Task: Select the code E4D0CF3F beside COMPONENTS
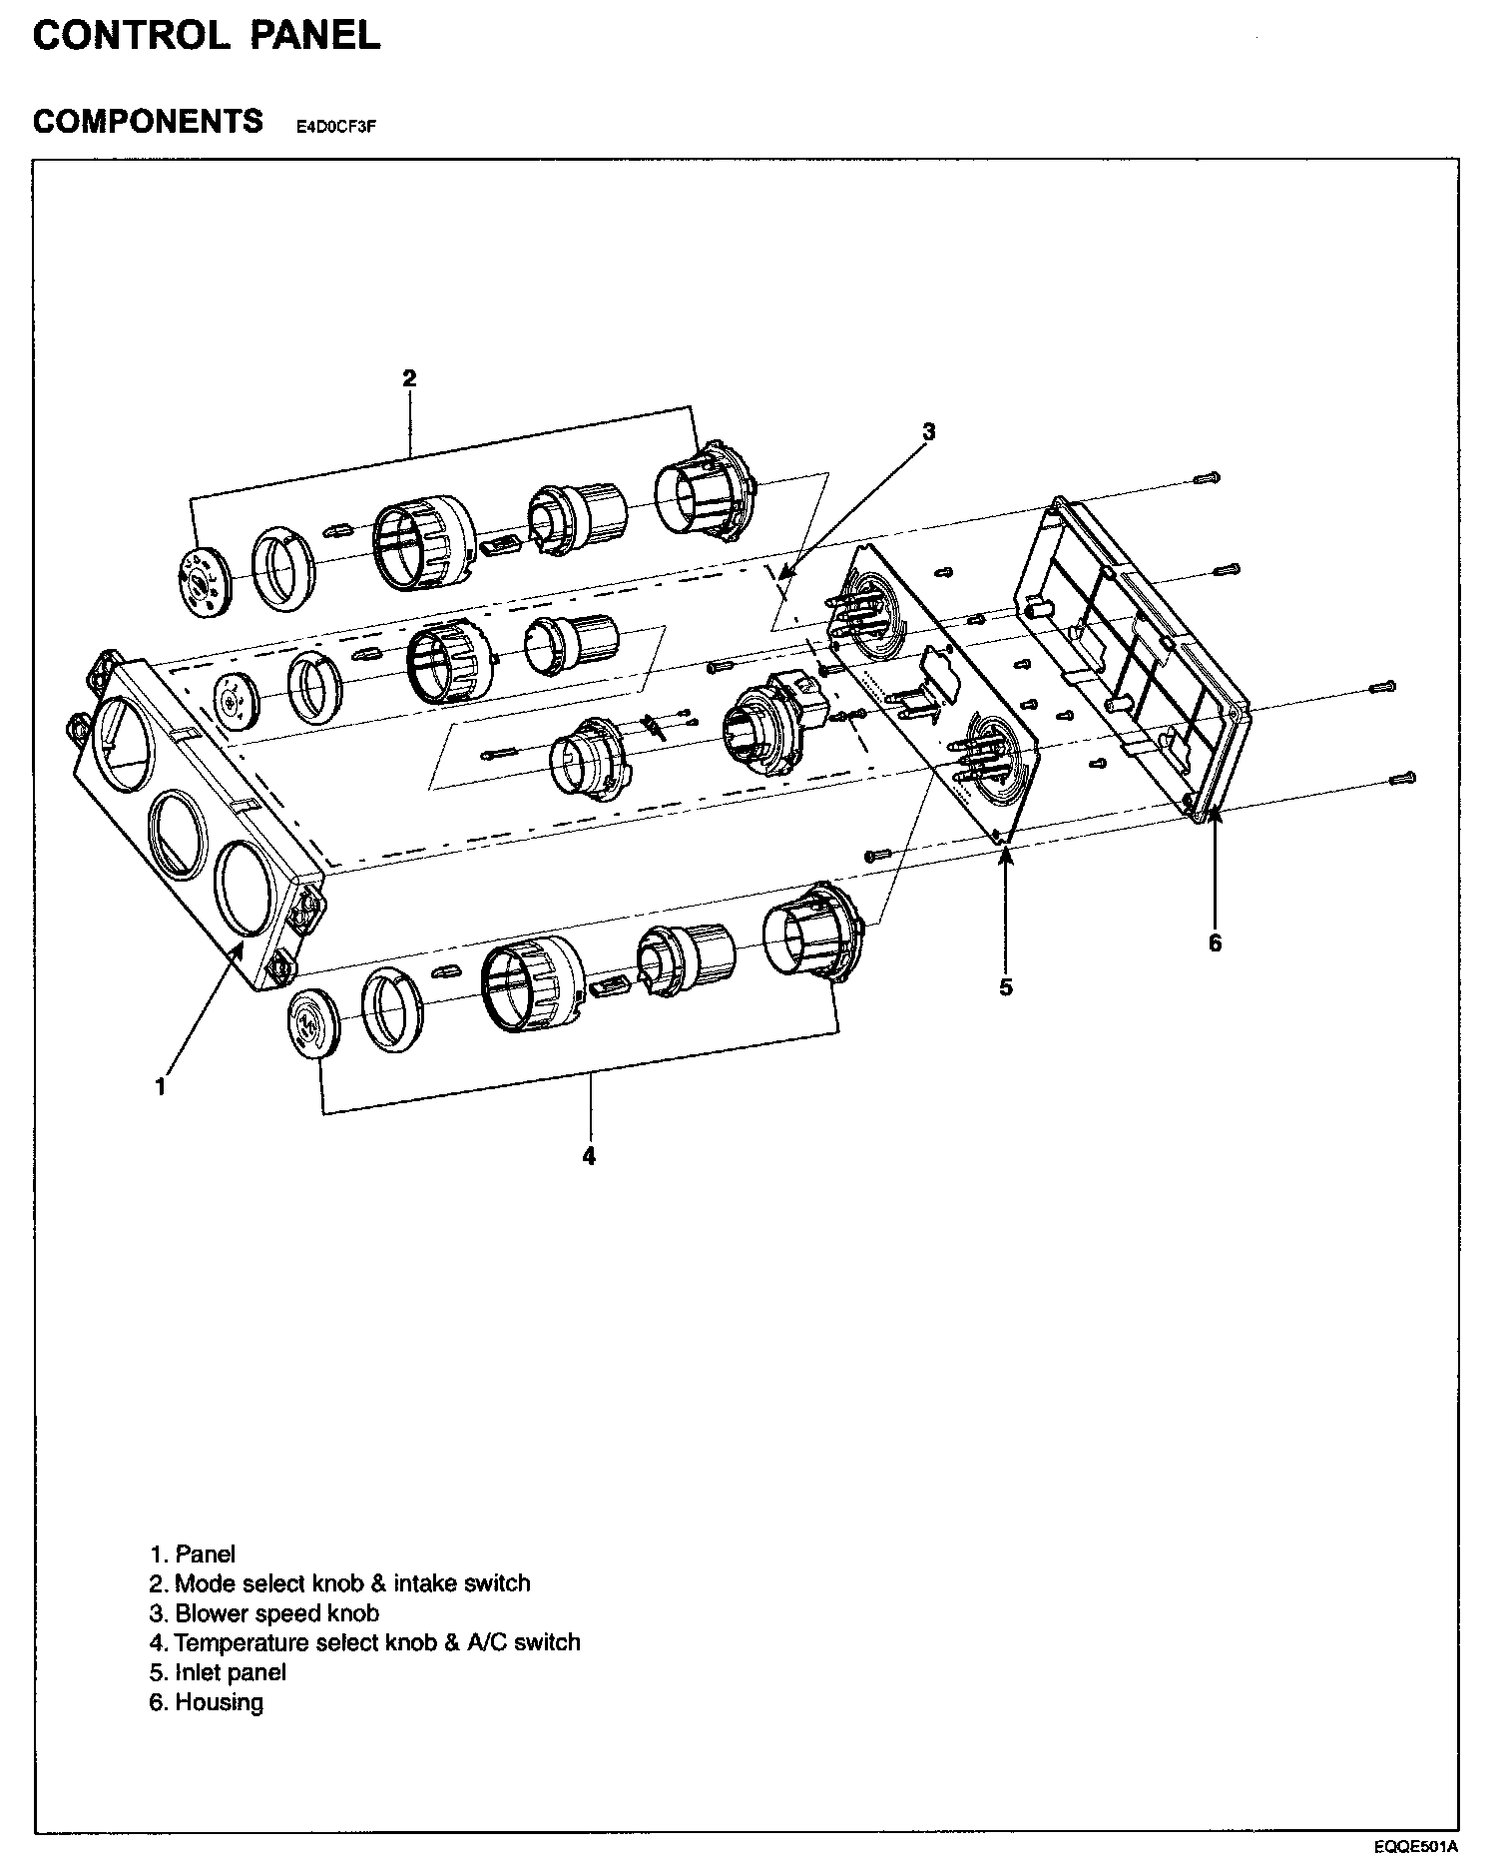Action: [x=335, y=127]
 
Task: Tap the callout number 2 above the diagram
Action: [x=409, y=378]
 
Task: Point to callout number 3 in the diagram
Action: [x=928, y=431]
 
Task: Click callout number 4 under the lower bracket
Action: [x=590, y=1156]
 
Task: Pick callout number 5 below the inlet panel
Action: [x=1006, y=987]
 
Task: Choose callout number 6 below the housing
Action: [x=1215, y=942]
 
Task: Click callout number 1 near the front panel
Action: [x=161, y=1087]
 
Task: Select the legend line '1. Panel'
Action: [x=193, y=1554]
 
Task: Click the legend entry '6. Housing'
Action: [x=207, y=1702]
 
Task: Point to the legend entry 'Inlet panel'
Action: [x=218, y=1672]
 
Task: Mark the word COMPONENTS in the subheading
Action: [x=148, y=122]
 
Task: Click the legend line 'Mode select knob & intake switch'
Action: [x=339, y=1583]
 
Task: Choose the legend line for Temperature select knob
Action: [x=364, y=1642]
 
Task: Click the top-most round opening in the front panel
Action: [x=122, y=740]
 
